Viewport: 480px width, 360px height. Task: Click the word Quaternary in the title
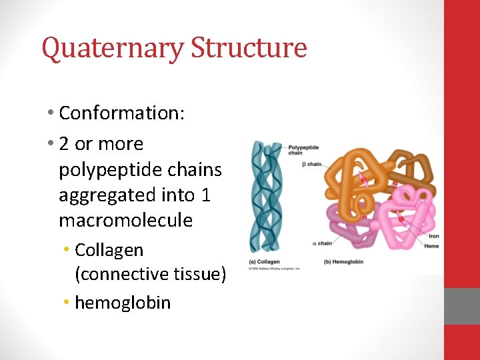[113, 49]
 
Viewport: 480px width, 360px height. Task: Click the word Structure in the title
[249, 49]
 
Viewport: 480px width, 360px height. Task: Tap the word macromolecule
[125, 221]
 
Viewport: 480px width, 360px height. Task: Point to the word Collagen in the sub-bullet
[109, 251]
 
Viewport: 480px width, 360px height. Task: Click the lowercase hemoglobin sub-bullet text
[123, 303]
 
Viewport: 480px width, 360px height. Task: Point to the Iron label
[433, 236]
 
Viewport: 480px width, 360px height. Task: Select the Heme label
[431, 246]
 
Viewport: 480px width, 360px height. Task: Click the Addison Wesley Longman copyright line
[275, 269]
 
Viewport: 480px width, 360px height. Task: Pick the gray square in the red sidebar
[462, 306]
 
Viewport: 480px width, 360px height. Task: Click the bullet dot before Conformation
[51, 113]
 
